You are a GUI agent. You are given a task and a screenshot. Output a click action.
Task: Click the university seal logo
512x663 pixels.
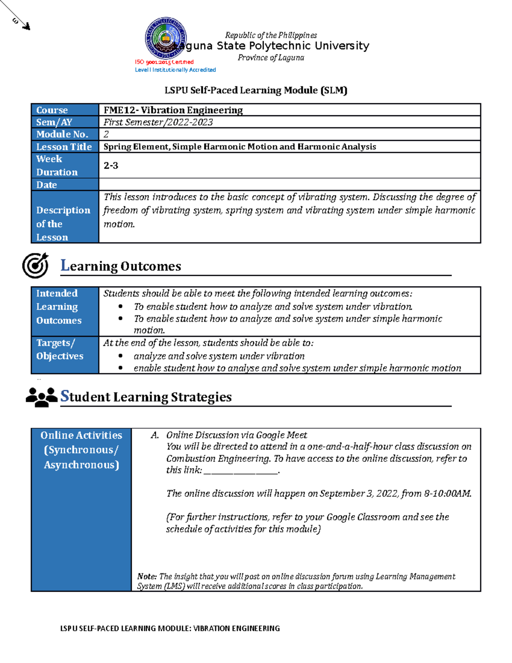165,38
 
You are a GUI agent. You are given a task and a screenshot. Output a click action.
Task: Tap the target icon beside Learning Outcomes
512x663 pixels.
35,265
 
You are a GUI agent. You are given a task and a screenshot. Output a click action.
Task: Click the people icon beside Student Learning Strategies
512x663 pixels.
41,397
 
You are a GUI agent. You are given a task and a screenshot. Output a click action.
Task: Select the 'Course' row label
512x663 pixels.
52,110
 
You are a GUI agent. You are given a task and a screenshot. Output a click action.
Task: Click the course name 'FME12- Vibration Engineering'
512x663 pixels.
173,110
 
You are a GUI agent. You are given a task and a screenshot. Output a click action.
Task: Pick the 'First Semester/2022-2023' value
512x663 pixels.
158,122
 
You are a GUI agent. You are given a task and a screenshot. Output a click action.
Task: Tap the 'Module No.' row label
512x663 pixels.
62,134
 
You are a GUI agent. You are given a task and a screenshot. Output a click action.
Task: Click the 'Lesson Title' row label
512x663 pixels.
64,147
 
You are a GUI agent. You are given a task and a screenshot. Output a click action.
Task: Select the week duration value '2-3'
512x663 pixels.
111,166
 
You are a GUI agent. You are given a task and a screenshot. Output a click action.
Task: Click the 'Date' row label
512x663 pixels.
47,185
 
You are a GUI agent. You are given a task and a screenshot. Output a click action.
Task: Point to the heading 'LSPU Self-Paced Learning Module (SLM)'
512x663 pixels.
256,90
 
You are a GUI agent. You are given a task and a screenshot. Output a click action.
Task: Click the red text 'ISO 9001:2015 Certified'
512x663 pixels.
164,62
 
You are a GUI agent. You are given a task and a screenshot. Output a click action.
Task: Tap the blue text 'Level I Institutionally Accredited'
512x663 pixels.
175,70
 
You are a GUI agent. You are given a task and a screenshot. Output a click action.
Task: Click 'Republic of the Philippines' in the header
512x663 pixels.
271,35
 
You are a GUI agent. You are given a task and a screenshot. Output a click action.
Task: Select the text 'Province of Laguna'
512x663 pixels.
271,58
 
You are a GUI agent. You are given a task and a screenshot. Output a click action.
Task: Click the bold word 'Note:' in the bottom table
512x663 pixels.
147,576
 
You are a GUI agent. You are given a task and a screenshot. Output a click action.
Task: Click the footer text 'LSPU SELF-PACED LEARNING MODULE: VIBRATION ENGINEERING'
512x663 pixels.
170,628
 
